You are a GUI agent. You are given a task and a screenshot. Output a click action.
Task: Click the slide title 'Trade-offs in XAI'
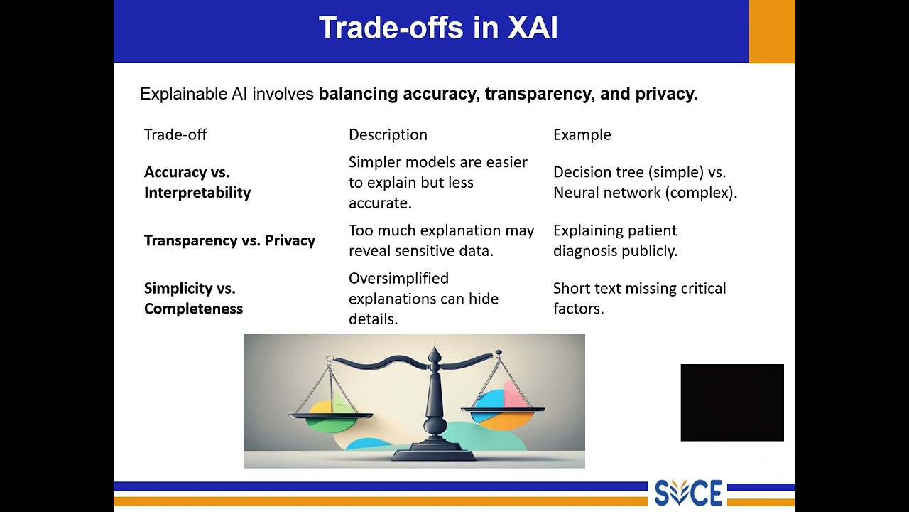pyautogui.click(x=438, y=28)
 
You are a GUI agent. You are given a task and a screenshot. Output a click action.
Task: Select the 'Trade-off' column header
pyautogui.click(x=175, y=134)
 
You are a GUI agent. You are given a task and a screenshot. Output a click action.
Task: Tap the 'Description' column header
pyautogui.click(x=388, y=134)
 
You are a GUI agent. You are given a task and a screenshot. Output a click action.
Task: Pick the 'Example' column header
pyautogui.click(x=582, y=134)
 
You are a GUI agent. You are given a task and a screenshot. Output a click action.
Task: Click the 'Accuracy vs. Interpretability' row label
pyautogui.click(x=197, y=182)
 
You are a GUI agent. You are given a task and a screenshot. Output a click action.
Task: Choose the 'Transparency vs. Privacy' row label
pyautogui.click(x=229, y=240)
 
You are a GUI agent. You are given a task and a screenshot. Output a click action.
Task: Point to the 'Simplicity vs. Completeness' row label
pyautogui.click(x=193, y=298)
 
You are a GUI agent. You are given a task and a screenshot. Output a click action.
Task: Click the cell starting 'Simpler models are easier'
pyautogui.click(x=437, y=182)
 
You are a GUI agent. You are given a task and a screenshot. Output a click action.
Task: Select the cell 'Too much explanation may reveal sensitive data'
pyautogui.click(x=441, y=240)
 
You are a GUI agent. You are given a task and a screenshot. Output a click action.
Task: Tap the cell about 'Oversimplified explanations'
pyautogui.click(x=423, y=298)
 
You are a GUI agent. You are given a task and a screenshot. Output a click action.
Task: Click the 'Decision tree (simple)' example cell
pyautogui.click(x=645, y=182)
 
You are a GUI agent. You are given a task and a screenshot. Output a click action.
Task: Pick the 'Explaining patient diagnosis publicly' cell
pyautogui.click(x=615, y=240)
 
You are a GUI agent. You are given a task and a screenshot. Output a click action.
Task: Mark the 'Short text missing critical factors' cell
pyautogui.click(x=639, y=298)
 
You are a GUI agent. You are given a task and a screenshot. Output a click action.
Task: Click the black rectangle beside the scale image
pyautogui.click(x=732, y=402)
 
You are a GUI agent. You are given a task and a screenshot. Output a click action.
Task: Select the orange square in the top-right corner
pyautogui.click(x=772, y=31)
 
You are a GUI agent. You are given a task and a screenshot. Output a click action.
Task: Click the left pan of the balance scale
pyautogui.click(x=331, y=416)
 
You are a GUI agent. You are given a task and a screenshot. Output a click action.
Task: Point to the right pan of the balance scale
pyautogui.click(x=503, y=411)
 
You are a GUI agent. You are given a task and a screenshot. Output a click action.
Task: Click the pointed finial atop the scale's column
pyautogui.click(x=435, y=354)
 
